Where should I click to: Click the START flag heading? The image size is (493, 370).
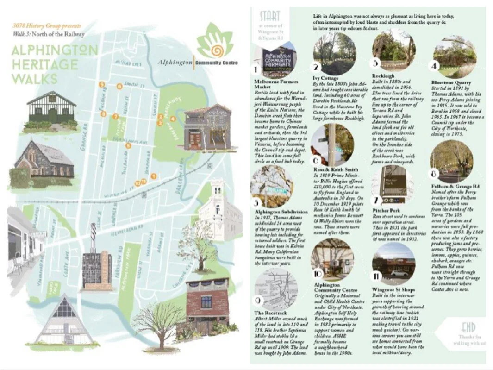point(269,16)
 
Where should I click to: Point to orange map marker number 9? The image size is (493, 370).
point(101,85)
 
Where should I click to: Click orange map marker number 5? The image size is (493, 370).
point(129,145)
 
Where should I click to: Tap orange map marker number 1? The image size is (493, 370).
point(153,176)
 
